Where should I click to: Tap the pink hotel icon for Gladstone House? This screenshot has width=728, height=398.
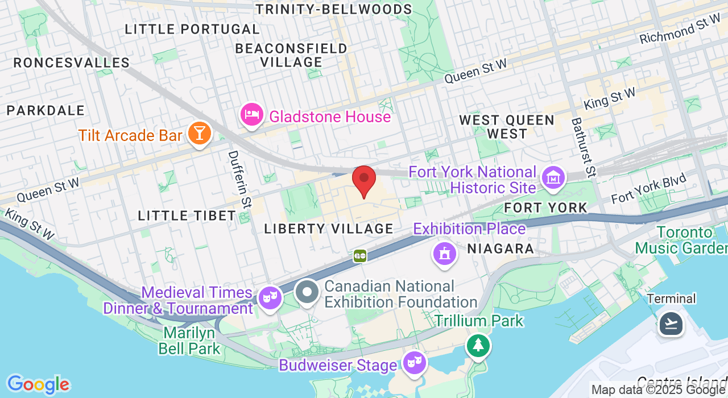(251, 115)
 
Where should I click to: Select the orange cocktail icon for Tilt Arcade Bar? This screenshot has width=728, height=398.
(199, 134)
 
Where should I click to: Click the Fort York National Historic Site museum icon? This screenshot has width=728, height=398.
(552, 179)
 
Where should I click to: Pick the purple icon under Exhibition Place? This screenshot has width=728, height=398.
(445, 253)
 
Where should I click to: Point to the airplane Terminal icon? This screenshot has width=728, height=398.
(671, 324)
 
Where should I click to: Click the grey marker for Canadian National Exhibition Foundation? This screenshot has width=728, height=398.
(308, 293)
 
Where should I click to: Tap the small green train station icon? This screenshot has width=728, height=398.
(359, 256)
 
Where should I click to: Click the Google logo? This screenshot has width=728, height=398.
(38, 384)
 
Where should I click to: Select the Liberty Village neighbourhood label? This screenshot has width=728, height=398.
(329, 229)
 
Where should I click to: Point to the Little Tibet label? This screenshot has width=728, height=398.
(187, 215)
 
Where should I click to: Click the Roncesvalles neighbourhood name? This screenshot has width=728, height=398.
(72, 63)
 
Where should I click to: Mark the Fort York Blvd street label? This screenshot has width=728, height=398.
(648, 189)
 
